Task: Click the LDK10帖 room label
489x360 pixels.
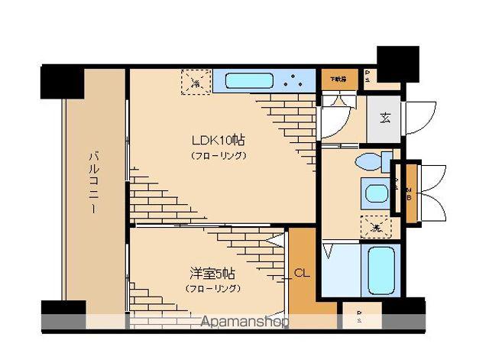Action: [x=218, y=141]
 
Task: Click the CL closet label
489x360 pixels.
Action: [x=301, y=271]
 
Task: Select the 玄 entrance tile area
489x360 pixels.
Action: [x=384, y=118]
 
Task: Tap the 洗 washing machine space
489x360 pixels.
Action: [x=376, y=227]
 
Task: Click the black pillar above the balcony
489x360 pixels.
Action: [x=62, y=82]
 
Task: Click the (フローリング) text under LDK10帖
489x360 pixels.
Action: [x=218, y=156]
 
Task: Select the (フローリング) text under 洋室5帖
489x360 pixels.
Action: [x=212, y=288]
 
